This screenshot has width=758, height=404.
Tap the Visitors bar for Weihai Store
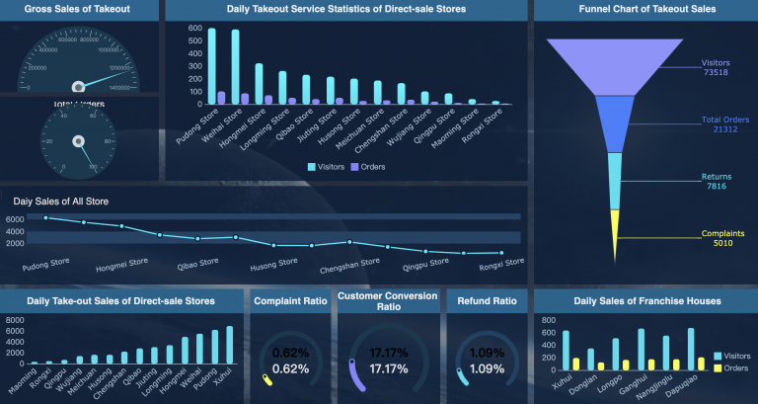235,67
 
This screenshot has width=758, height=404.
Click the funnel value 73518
716,72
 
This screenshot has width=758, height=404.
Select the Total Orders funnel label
717,120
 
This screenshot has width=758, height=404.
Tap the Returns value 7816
716,186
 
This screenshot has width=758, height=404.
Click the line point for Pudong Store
46,217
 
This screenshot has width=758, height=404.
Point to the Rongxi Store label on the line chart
500,263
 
